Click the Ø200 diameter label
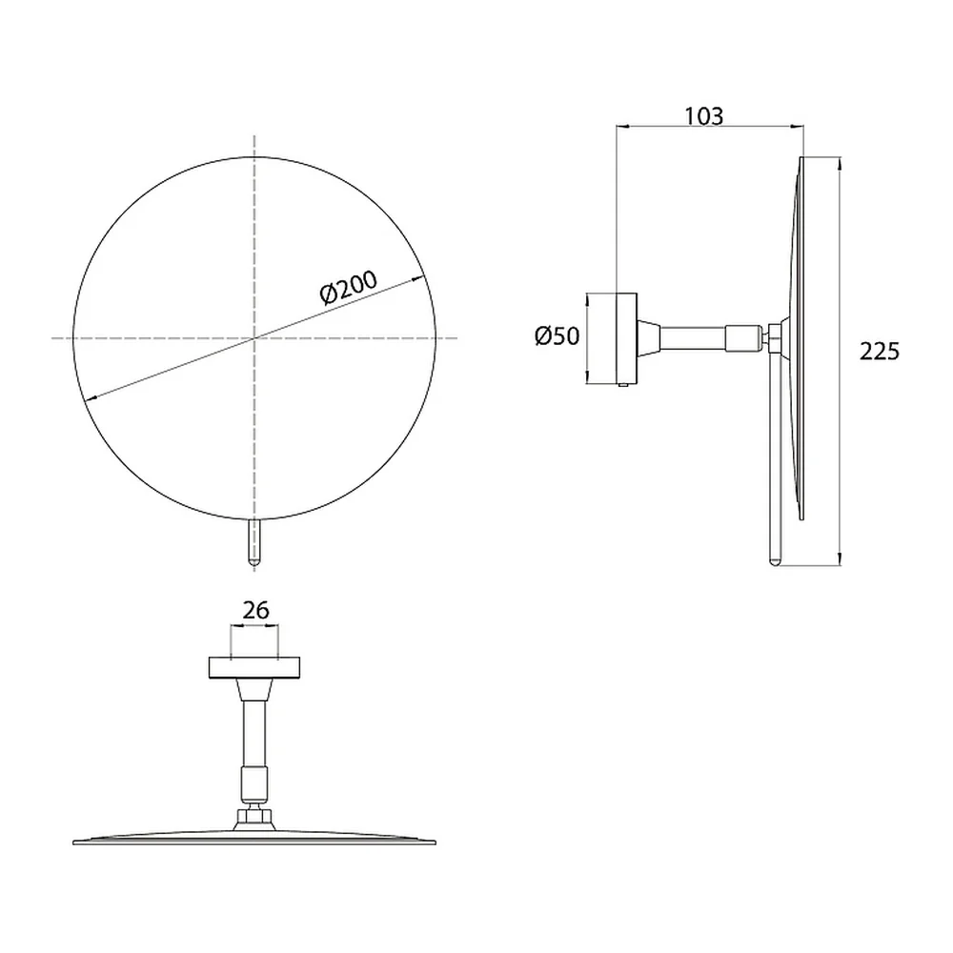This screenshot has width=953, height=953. click(x=348, y=286)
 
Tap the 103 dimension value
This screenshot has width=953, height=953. click(x=704, y=116)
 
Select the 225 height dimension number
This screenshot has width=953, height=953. click(x=880, y=352)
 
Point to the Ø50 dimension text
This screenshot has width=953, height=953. click(x=558, y=335)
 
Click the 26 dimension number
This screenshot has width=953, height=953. click(x=255, y=610)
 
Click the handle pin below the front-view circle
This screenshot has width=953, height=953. click(x=254, y=543)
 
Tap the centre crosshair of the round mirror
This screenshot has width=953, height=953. click(x=254, y=337)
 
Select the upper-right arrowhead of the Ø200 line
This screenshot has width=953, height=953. click(x=417, y=279)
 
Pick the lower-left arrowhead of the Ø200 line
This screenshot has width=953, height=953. click(x=91, y=397)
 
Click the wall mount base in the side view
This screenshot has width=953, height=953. click(x=627, y=338)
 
